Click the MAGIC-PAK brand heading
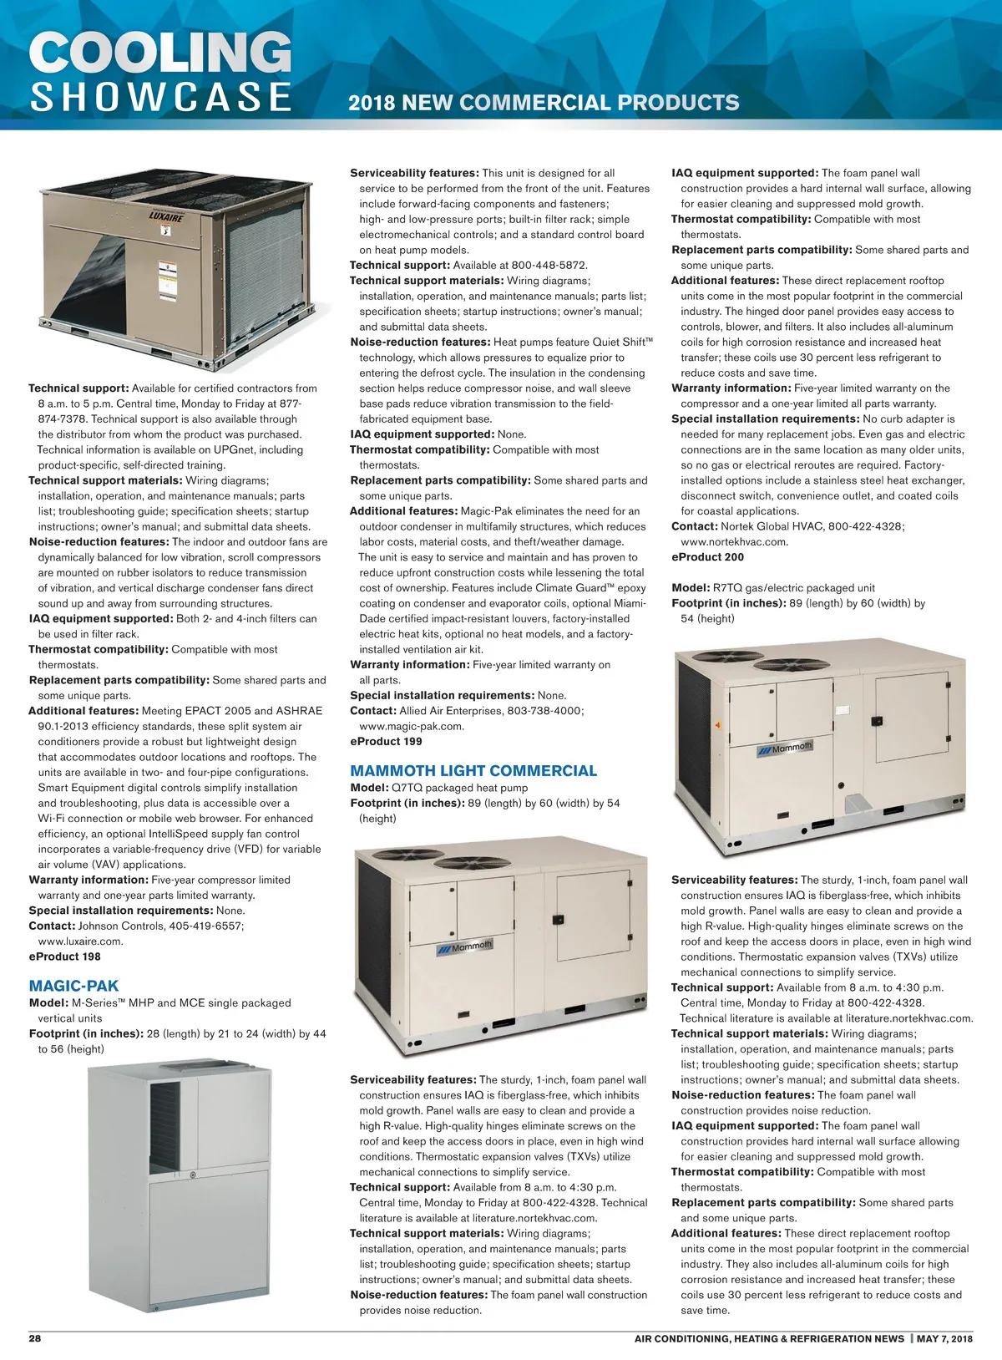pyautogui.click(x=73, y=986)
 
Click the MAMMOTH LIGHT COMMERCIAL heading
pyautogui.click(x=473, y=771)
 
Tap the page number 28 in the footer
pyautogui.click(x=35, y=1338)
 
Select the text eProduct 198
pyautogui.click(x=64, y=957)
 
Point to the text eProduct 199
pyautogui.click(x=386, y=741)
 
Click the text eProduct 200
pyautogui.click(x=707, y=557)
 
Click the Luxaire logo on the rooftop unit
pyautogui.click(x=166, y=216)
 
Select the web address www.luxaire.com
pyautogui.click(x=80, y=941)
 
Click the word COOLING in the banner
pyautogui.click(x=160, y=53)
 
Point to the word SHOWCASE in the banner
pyautogui.click(x=160, y=97)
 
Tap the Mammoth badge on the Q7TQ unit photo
pyautogui.click(x=466, y=947)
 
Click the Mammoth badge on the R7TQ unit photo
pyautogui.click(x=785, y=749)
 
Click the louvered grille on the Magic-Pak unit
pyautogui.click(x=164, y=1124)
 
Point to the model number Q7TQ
pyautogui.click(x=407, y=788)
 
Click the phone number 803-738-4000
pyautogui.click(x=545, y=711)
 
